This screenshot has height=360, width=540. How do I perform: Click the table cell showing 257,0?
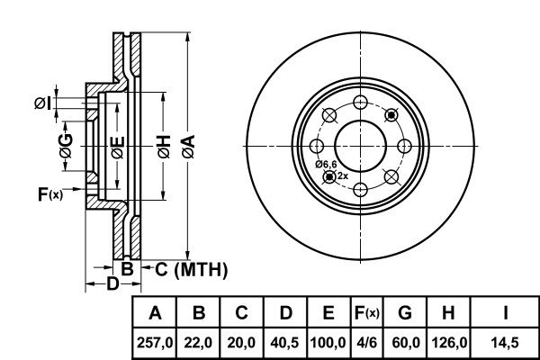(155, 343)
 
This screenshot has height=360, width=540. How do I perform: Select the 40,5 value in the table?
(284, 343)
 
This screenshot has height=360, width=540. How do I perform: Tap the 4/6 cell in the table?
(367, 343)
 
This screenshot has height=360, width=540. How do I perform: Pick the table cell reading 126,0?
(449, 343)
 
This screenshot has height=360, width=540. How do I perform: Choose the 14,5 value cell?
(505, 343)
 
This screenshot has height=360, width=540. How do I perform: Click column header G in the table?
(405, 313)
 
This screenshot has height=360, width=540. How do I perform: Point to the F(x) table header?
(367, 313)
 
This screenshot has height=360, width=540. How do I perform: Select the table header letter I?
(505, 313)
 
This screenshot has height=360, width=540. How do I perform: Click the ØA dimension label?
(189, 147)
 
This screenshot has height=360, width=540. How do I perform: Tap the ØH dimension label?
(164, 147)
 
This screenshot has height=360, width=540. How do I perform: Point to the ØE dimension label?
(117, 148)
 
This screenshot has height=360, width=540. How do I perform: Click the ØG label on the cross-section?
(66, 146)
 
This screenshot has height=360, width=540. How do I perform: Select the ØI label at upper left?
(42, 103)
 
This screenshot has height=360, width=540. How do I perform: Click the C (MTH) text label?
(192, 269)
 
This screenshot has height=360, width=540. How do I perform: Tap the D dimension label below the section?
(112, 283)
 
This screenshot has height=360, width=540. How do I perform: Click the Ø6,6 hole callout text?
(326, 165)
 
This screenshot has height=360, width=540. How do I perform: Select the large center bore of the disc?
(360, 146)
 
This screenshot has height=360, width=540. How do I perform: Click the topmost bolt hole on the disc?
(360, 103)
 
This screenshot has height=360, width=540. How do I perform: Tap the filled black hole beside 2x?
(329, 176)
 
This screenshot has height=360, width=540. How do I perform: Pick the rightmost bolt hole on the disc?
(404, 146)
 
